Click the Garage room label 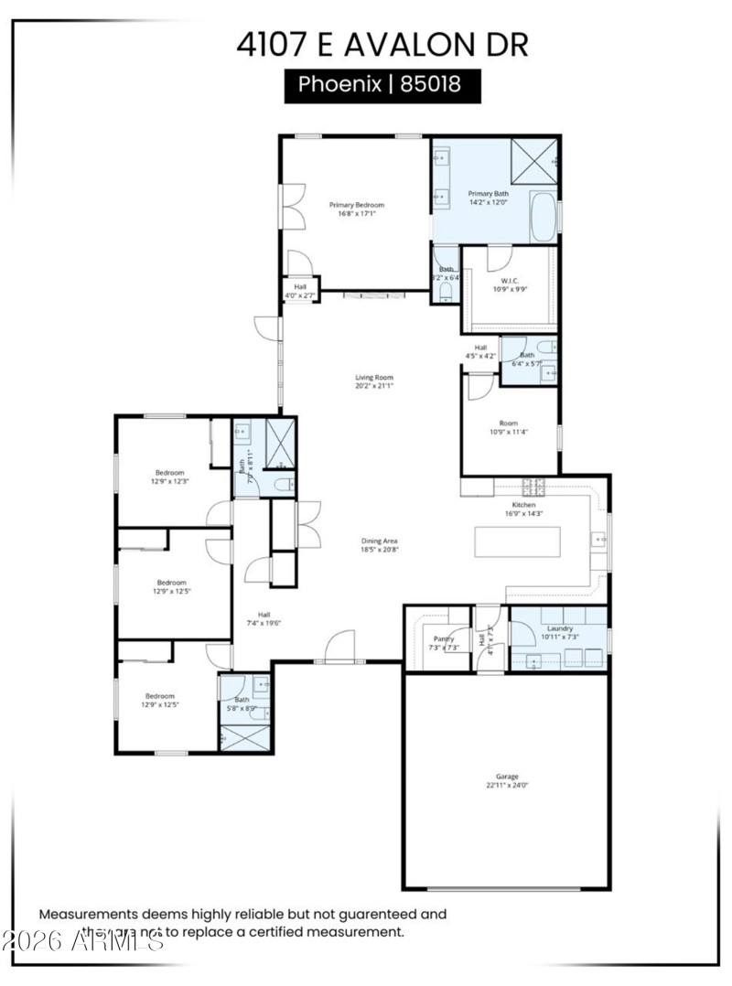pyautogui.click(x=507, y=776)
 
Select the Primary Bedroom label pyautogui.click(x=357, y=205)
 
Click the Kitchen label pyautogui.click(x=523, y=504)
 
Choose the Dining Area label pyautogui.click(x=379, y=541)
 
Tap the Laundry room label pyautogui.click(x=559, y=628)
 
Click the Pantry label pyautogui.click(x=444, y=638)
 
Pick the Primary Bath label pyautogui.click(x=488, y=194)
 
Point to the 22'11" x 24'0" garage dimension pyautogui.click(x=507, y=785)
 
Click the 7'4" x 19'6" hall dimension pyautogui.click(x=264, y=623)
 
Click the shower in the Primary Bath pyautogui.click(x=533, y=161)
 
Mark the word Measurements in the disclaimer pyautogui.click(x=89, y=914)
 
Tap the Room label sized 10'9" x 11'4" pyautogui.click(x=508, y=423)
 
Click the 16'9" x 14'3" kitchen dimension pyautogui.click(x=523, y=513)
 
